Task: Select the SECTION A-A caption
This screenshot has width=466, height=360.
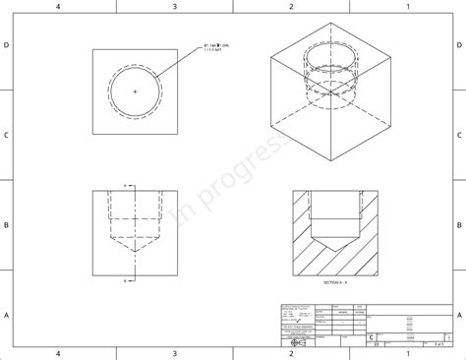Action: click(335, 281)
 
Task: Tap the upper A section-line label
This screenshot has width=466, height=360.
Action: click(126, 183)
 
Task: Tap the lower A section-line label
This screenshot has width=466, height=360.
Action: click(126, 280)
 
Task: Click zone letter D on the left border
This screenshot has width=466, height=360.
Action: click(6, 46)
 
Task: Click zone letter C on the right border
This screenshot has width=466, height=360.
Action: click(460, 136)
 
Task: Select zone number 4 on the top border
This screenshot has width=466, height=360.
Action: click(58, 6)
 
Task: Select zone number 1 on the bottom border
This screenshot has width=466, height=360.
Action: click(407, 353)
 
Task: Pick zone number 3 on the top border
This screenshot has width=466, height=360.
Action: click(175, 6)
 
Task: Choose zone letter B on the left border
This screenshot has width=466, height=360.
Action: click(6, 225)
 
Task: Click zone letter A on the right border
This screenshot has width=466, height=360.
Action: click(460, 315)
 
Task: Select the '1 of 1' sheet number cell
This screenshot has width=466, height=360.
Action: click(435, 343)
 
